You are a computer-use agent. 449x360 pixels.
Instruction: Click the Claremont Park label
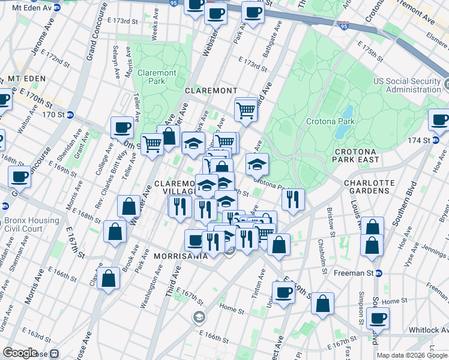[157, 77]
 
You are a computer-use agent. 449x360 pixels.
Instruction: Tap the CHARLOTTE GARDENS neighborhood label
[369, 187]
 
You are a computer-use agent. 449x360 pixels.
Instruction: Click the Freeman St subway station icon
[379, 274]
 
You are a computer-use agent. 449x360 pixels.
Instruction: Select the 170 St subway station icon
[70, 114]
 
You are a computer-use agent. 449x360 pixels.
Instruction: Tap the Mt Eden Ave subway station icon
[57, 8]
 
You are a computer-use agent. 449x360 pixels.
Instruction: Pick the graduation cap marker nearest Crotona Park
[257, 164]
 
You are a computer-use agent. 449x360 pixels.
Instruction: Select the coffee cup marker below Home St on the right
[377, 318]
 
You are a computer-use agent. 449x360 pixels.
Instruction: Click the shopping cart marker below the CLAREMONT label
[246, 110]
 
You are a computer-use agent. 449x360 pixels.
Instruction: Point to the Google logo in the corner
[20, 353]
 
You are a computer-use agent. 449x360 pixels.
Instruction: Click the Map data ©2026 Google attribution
[411, 355]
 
